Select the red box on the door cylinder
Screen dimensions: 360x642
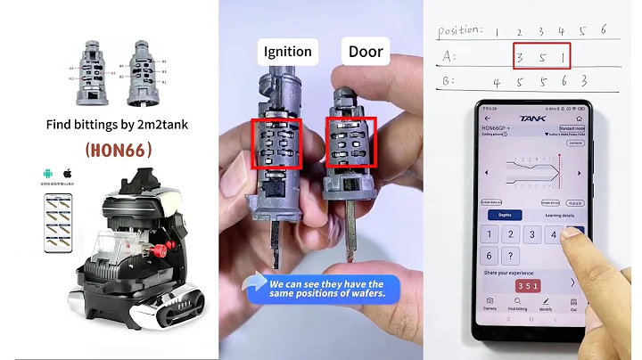pos(351,143)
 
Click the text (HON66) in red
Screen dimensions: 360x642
pos(111,151)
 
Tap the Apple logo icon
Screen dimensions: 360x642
pos(66,172)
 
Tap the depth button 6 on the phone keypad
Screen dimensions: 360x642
pos(577,235)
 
